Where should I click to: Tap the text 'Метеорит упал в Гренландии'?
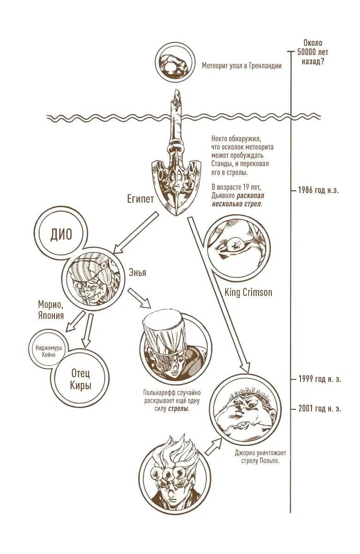click(x=241, y=66)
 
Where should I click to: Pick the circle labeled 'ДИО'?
click(x=61, y=235)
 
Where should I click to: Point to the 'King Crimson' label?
click(x=248, y=292)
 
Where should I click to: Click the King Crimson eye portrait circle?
click(x=236, y=247)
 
